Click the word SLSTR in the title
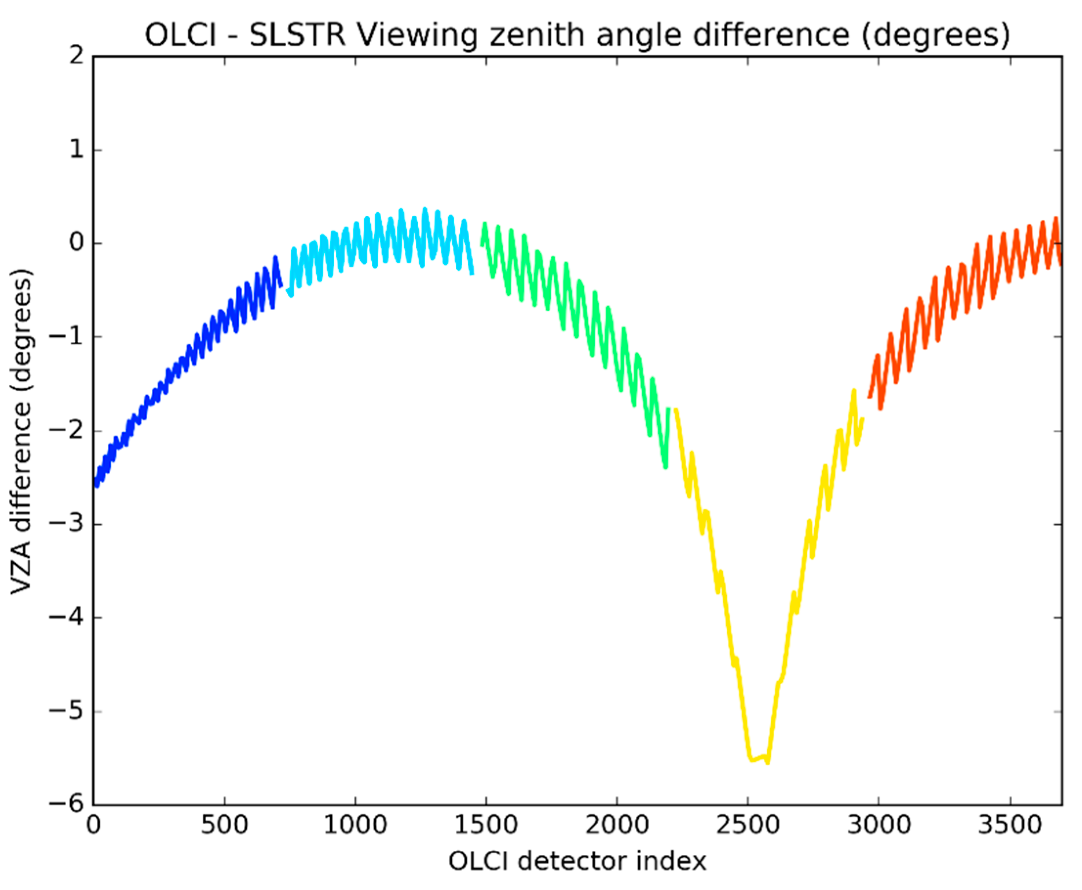pos(297,35)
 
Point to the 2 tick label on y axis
pos(76,55)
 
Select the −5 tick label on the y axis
pos(66,712)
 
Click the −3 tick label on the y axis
pos(66,525)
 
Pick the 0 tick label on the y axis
pos(76,242)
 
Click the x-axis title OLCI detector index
pos(577,862)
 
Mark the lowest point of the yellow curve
pos(768,763)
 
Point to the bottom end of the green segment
pos(665,467)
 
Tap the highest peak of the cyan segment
pos(425,209)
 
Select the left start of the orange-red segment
pos(868,397)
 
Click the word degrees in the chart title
pos(936,35)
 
